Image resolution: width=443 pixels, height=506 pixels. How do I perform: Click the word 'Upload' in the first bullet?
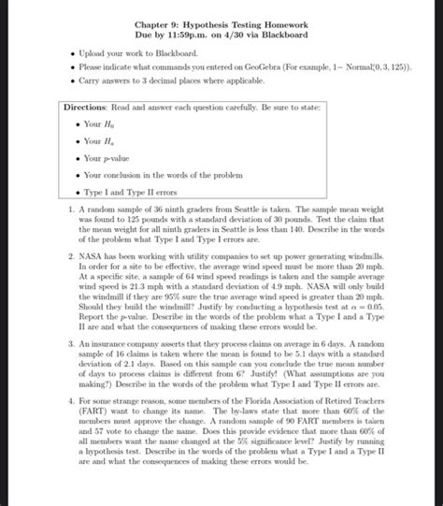click(94, 55)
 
